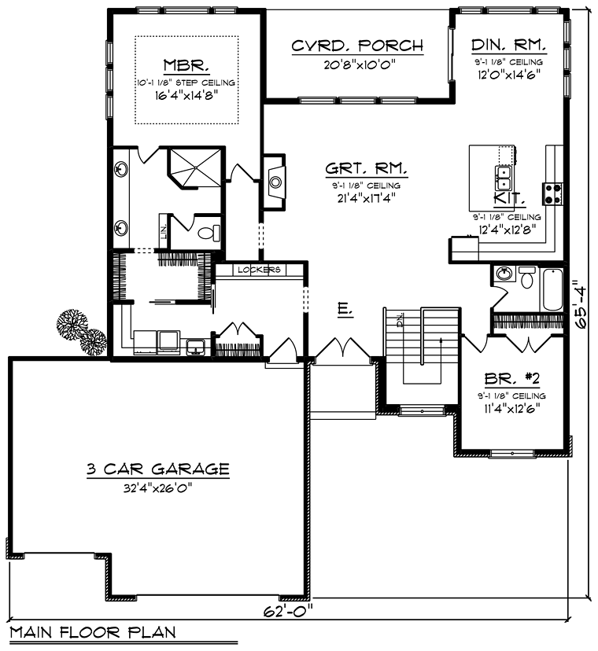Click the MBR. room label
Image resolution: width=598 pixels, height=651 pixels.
(x=186, y=65)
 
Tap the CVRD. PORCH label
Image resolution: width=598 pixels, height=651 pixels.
(x=357, y=46)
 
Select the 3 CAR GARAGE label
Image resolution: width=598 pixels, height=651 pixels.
(x=158, y=469)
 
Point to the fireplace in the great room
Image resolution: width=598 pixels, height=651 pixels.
(x=275, y=182)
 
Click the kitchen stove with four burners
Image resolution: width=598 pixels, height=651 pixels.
(x=552, y=194)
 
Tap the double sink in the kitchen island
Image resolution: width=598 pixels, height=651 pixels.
(x=503, y=178)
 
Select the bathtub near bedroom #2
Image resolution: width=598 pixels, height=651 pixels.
(x=552, y=289)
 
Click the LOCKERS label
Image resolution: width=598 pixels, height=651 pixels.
(x=259, y=270)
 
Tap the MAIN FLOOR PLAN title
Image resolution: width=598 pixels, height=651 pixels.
(x=93, y=632)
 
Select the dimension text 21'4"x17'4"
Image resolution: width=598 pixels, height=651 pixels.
(x=366, y=197)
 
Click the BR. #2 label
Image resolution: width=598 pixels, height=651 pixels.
(x=512, y=379)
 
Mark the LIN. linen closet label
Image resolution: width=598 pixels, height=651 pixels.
(x=164, y=231)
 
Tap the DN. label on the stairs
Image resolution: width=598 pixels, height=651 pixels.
(x=401, y=320)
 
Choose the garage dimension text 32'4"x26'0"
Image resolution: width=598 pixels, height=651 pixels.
(x=158, y=488)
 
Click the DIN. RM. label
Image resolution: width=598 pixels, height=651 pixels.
(x=508, y=45)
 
